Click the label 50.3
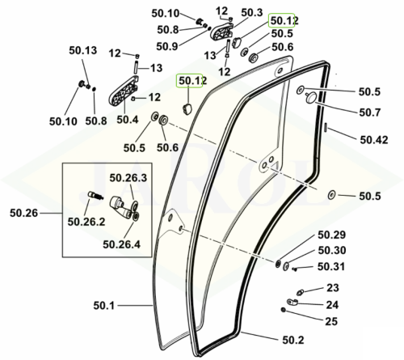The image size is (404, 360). tap(252, 13)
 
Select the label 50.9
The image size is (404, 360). tap(167, 46)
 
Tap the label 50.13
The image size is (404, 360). tap(83, 50)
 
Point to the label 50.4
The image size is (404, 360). tap(128, 120)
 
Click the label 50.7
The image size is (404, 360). tap(370, 112)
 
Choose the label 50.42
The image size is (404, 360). tap(374, 140)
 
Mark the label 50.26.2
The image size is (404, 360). tap(86, 222)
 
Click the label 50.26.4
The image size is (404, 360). tap(122, 244)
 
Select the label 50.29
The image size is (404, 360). tap(332, 235)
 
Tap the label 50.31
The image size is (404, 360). tap(331, 266)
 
